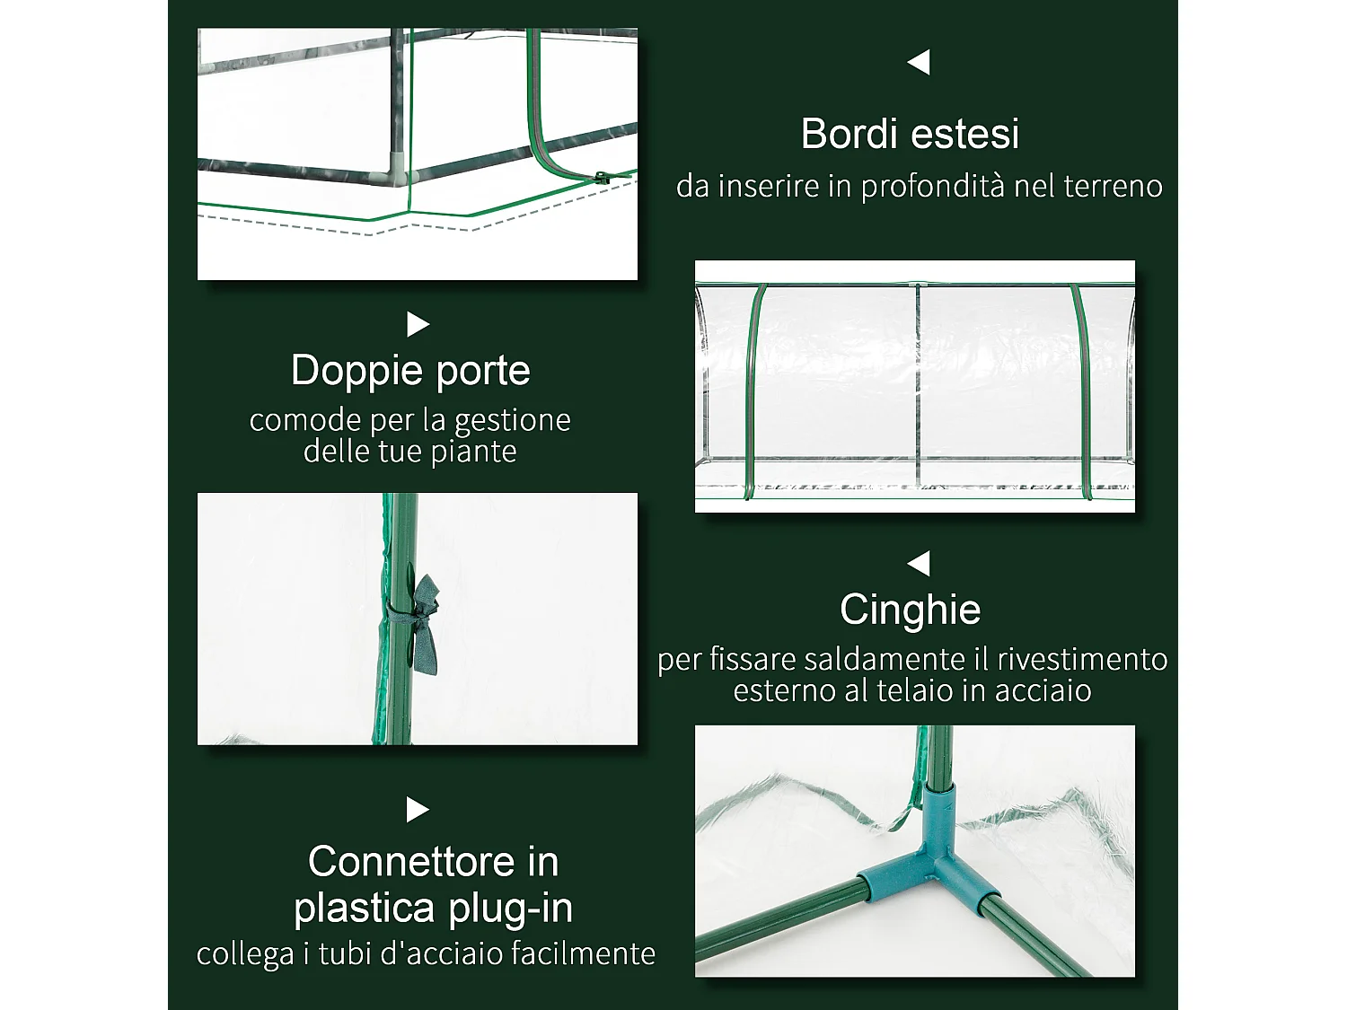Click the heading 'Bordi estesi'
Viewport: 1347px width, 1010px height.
point(910,134)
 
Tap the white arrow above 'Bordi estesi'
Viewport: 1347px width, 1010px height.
point(919,62)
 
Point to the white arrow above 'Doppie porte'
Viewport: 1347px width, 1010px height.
point(418,324)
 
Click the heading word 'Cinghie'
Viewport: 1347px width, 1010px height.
point(910,610)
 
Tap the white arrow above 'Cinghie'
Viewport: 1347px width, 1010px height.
point(919,564)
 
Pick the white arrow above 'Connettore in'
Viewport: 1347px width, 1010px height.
point(418,810)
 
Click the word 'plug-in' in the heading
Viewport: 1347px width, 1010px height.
point(512,909)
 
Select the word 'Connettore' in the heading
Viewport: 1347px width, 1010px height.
point(412,862)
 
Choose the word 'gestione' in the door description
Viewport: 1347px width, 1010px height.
point(513,422)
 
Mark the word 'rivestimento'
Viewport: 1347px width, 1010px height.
point(1082,660)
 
